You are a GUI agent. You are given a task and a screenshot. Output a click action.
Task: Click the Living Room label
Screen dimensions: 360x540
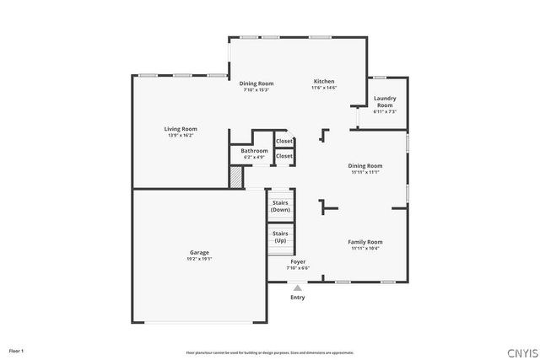pyautogui.click(x=181, y=129)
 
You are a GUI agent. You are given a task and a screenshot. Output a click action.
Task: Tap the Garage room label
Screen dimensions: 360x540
pyautogui.click(x=199, y=253)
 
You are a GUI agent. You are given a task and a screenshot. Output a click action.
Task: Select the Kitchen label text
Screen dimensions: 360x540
pyautogui.click(x=324, y=81)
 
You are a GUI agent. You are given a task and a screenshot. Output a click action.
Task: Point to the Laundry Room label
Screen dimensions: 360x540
pyautogui.click(x=385, y=101)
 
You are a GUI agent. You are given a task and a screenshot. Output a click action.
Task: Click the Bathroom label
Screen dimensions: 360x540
pyautogui.click(x=254, y=151)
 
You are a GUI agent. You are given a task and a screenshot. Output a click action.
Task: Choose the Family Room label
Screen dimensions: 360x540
pyautogui.click(x=365, y=242)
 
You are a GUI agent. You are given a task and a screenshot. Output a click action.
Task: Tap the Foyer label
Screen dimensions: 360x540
pyautogui.click(x=298, y=262)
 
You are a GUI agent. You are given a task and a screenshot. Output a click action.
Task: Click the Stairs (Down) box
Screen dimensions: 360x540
pyautogui.click(x=280, y=206)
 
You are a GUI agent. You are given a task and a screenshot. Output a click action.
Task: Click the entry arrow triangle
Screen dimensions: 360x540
pyautogui.click(x=297, y=287)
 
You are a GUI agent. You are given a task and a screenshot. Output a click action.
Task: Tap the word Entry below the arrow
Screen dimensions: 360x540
pyautogui.click(x=297, y=297)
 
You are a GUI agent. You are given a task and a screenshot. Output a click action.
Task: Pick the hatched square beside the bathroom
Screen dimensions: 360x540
pyautogui.click(x=236, y=177)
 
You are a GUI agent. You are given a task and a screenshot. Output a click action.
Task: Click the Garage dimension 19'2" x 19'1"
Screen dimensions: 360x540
pyautogui.click(x=199, y=259)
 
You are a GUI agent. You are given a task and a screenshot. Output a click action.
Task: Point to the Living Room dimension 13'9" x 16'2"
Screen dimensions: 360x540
pyautogui.click(x=181, y=135)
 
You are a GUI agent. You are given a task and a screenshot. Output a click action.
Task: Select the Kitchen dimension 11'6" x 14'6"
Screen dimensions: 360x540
pyautogui.click(x=324, y=88)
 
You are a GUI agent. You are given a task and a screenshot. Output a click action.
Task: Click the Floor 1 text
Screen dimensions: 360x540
pyautogui.click(x=16, y=350)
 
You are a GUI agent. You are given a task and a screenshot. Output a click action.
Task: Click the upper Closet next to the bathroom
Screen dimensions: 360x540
pyautogui.click(x=284, y=141)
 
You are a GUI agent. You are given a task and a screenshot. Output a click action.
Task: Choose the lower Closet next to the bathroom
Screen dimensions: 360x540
pyautogui.click(x=284, y=156)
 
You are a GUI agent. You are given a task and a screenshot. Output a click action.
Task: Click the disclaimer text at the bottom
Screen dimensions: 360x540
pyautogui.click(x=269, y=352)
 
